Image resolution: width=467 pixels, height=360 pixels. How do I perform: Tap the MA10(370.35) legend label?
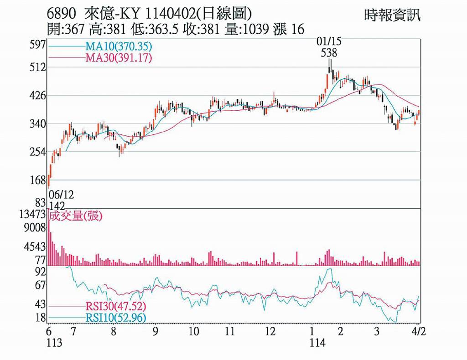coord(119,46)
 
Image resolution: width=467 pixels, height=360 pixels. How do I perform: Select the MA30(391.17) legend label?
coord(119,58)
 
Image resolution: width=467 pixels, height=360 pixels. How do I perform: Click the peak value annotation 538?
coord(329,53)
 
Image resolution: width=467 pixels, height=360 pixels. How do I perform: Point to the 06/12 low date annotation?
coord(61,195)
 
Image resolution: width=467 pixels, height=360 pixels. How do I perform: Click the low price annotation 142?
coord(57,205)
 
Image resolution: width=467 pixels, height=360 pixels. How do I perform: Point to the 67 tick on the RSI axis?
coord(41,285)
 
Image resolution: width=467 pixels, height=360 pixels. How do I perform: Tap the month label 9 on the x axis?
coord(156,331)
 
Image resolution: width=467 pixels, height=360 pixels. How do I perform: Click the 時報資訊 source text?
coord(392,15)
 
